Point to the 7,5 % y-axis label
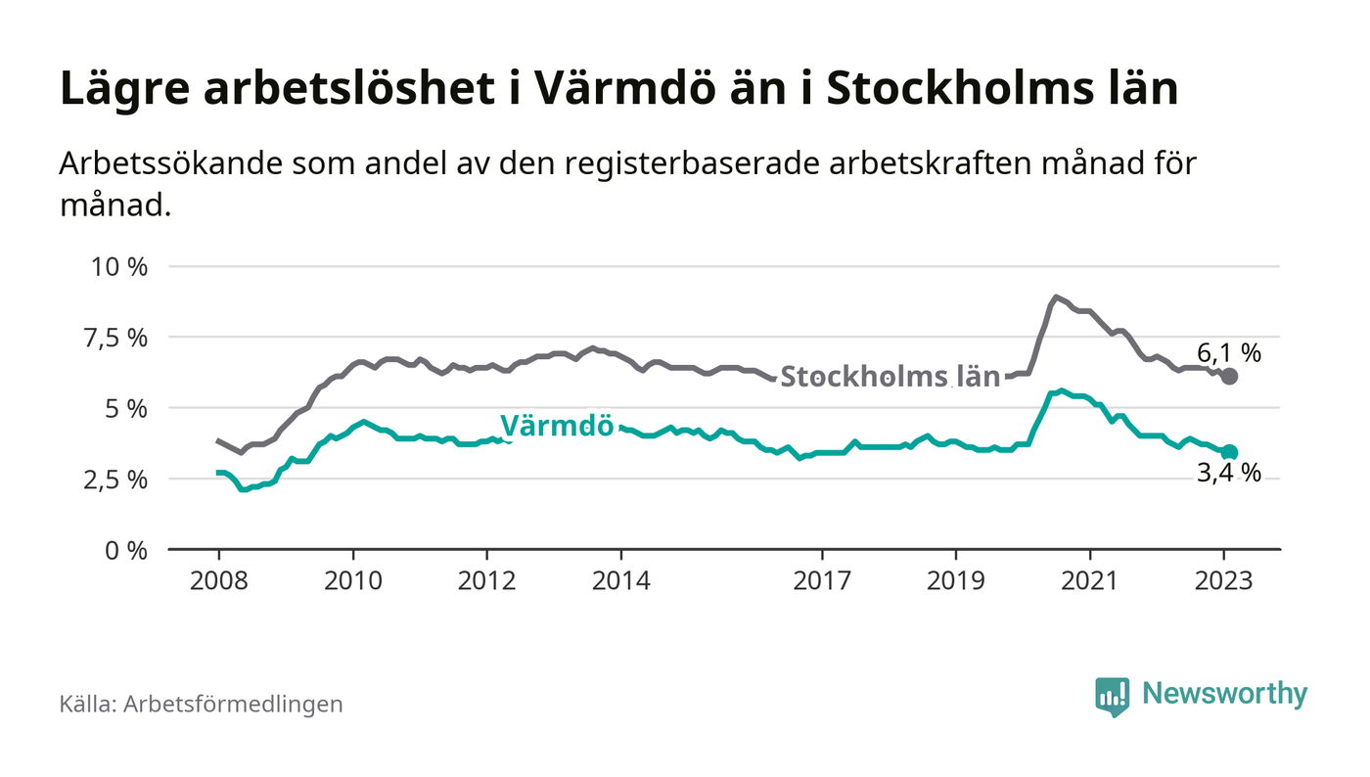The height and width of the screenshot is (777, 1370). (119, 338)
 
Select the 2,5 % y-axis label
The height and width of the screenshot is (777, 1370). (119, 480)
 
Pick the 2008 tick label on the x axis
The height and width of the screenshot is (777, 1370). (218, 580)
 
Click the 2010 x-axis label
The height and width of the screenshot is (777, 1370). (352, 580)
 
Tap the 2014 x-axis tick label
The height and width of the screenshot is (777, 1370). (620, 580)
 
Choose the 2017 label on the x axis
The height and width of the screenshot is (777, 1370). (822, 580)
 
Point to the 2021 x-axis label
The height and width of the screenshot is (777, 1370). (1090, 580)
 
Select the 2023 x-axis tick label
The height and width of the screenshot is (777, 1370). (1224, 580)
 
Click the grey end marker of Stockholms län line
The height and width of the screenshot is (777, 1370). (1230, 377)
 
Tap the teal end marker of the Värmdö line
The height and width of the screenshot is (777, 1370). (1230, 452)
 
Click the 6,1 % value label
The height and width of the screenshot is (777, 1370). (1228, 352)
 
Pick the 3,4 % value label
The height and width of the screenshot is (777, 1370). (1228, 475)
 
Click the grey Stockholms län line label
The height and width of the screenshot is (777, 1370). (890, 377)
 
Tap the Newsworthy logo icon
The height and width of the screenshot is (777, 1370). (1112, 696)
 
